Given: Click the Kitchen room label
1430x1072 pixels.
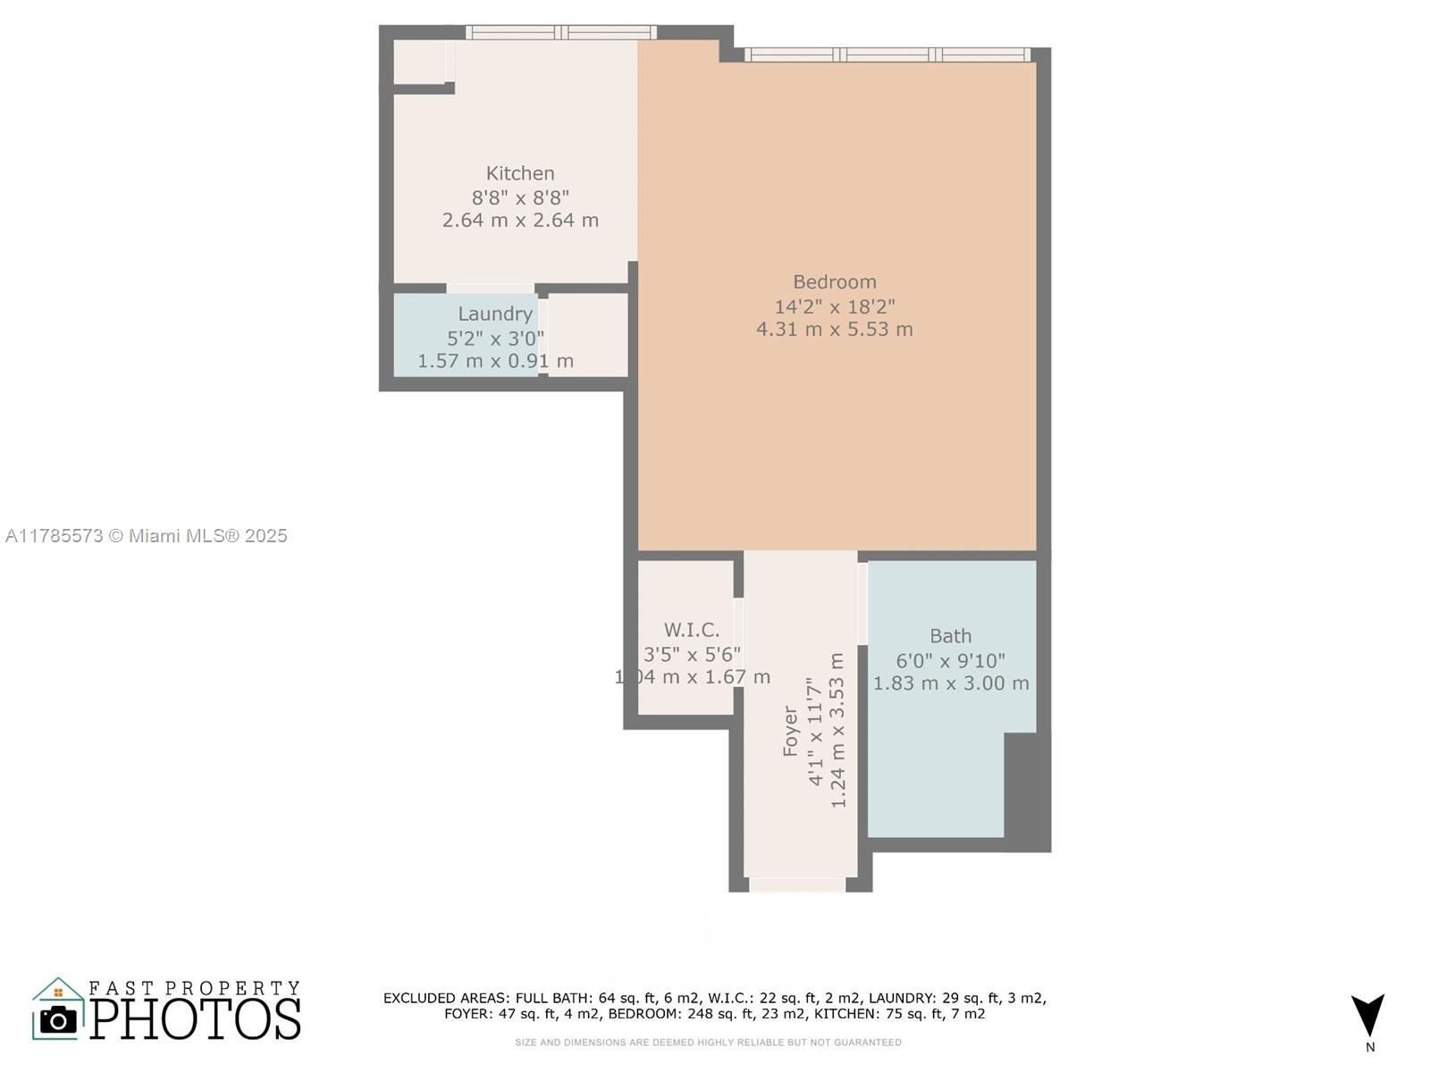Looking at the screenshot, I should click(x=520, y=173).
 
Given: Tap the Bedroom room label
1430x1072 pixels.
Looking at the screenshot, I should click(x=835, y=282).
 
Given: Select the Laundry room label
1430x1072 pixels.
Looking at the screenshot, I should click(x=495, y=314).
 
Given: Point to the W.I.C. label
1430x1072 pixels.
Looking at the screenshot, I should click(x=691, y=630).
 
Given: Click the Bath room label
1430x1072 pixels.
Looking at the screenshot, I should click(x=950, y=636).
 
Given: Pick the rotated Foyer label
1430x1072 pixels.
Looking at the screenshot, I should click(x=790, y=731).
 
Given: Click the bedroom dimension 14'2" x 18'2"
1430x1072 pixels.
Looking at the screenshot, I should click(x=835, y=306).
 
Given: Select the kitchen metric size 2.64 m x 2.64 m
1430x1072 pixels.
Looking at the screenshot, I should click(x=520, y=220).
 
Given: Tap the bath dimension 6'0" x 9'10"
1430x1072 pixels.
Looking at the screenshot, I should click(x=950, y=660).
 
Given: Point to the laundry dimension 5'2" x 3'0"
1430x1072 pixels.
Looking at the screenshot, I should click(x=495, y=338).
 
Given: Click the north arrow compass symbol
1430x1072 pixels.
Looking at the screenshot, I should click(x=1367, y=1015).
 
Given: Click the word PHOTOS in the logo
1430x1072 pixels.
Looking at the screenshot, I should click(x=196, y=1020).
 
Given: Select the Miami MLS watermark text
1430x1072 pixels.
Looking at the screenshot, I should click(x=146, y=536).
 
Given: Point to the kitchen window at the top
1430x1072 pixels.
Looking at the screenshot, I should click(x=561, y=33).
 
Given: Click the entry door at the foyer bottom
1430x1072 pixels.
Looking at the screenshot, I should click(x=796, y=884).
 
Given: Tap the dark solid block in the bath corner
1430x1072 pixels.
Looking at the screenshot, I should click(x=1027, y=786).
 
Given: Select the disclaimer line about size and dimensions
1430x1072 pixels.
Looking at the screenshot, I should click(x=708, y=1043).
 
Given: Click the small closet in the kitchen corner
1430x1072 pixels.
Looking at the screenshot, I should click(x=420, y=62).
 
